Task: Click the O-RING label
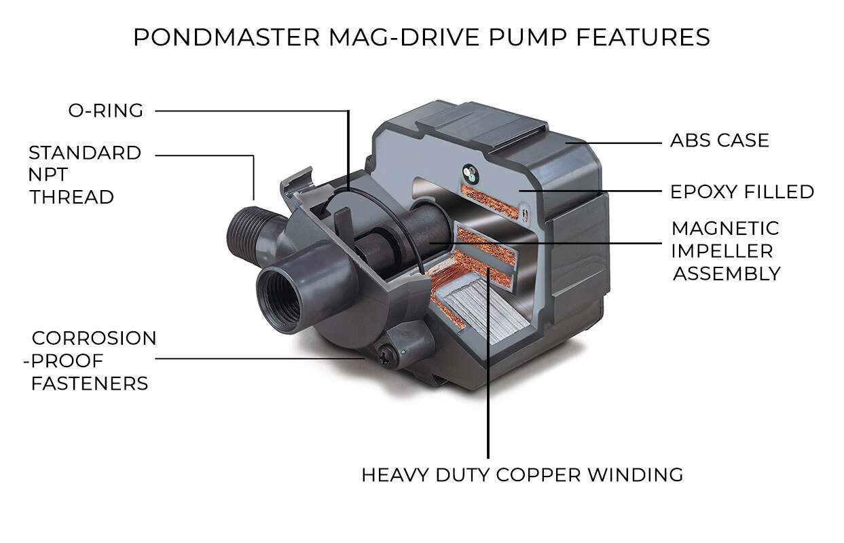click(105, 111)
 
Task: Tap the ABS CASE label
click(719, 141)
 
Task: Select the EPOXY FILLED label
click(741, 192)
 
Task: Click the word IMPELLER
click(722, 251)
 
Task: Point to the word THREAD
click(71, 198)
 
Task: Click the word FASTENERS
click(90, 383)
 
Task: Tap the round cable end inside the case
click(469, 172)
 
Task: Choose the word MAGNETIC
click(724, 228)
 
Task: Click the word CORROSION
click(94, 338)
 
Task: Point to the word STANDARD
click(84, 153)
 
